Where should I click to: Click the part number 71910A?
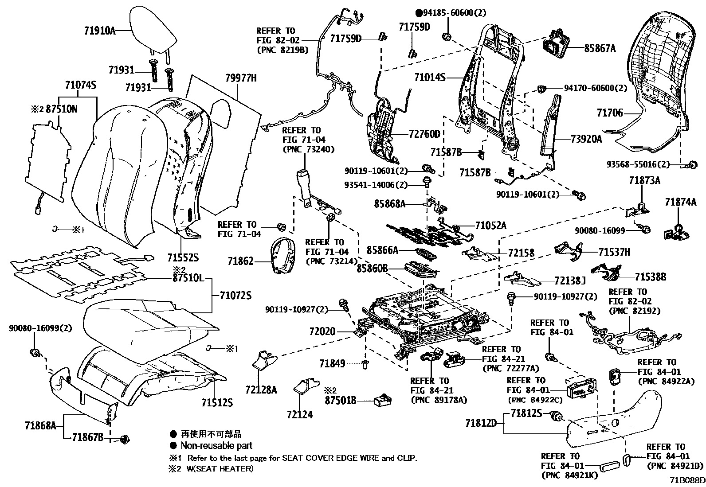point(99,31)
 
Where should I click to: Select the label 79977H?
point(241,78)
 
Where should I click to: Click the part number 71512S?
point(217,402)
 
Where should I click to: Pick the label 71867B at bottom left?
point(87,438)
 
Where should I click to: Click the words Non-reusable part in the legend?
point(216,445)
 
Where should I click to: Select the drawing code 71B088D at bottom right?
point(687,480)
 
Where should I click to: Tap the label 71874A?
point(680,202)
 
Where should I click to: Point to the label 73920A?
point(586,139)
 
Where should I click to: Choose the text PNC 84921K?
point(569,475)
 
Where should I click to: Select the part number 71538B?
point(650,277)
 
